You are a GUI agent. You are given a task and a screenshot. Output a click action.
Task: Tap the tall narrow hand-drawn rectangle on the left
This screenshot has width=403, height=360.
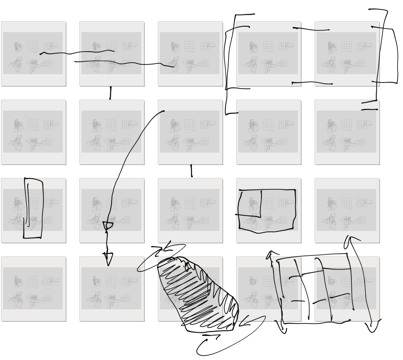[33, 208]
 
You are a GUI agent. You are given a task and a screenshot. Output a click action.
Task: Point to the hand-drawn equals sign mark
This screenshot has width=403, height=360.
[369, 106]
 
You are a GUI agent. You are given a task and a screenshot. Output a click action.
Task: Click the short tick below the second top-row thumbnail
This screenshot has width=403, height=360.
[110, 93]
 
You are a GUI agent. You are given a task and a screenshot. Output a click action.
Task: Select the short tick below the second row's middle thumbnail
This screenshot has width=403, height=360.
[191, 171]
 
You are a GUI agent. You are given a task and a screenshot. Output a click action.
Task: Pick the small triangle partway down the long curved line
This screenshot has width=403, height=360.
[107, 226]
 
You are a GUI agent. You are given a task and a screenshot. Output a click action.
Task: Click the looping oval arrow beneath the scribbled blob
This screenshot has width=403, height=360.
[231, 336]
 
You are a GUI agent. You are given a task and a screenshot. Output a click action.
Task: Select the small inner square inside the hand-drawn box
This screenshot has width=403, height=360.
[249, 203]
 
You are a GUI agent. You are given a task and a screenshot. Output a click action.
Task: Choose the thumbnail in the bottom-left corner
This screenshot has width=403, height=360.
[33, 289]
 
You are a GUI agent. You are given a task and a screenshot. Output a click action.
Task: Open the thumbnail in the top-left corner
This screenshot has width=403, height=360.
[33, 53]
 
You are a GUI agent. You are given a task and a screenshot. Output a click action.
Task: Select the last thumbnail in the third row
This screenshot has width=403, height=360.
[347, 210]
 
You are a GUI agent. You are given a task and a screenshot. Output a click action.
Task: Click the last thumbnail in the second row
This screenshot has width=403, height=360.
[347, 132]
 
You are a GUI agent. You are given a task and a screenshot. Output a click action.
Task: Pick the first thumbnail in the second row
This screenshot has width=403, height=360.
[33, 132]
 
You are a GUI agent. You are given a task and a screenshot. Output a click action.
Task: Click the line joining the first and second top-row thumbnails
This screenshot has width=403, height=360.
[76, 52]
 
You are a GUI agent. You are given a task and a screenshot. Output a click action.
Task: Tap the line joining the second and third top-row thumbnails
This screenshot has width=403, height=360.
[124, 63]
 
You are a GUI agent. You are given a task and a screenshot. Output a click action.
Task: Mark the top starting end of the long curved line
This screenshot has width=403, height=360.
[164, 111]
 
